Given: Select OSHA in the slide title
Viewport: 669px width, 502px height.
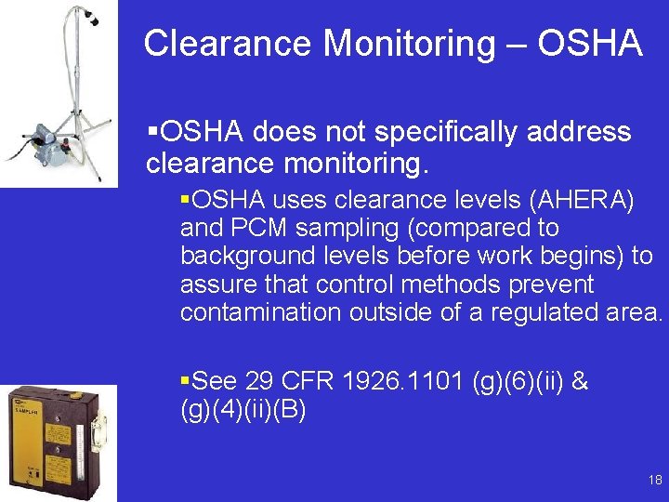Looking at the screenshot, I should (592, 44).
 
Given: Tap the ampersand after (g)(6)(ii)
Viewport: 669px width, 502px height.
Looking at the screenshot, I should (581, 381).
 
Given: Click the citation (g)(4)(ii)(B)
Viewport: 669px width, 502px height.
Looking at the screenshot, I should (243, 409).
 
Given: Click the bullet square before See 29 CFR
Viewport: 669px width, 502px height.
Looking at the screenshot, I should (185, 380).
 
